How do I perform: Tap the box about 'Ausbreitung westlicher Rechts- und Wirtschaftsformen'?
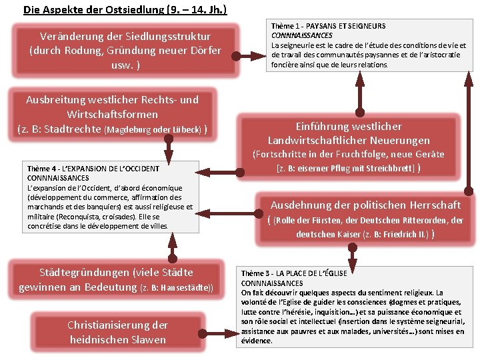(112, 114)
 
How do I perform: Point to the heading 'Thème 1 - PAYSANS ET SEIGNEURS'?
(328, 26)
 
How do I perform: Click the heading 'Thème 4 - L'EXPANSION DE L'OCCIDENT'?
(93, 169)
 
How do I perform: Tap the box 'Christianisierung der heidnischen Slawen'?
(117, 332)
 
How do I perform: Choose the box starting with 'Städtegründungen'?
(117, 279)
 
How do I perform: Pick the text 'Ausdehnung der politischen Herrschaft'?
(365, 205)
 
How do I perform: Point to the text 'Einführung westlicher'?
(349, 126)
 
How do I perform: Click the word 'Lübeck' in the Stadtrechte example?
(189, 129)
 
